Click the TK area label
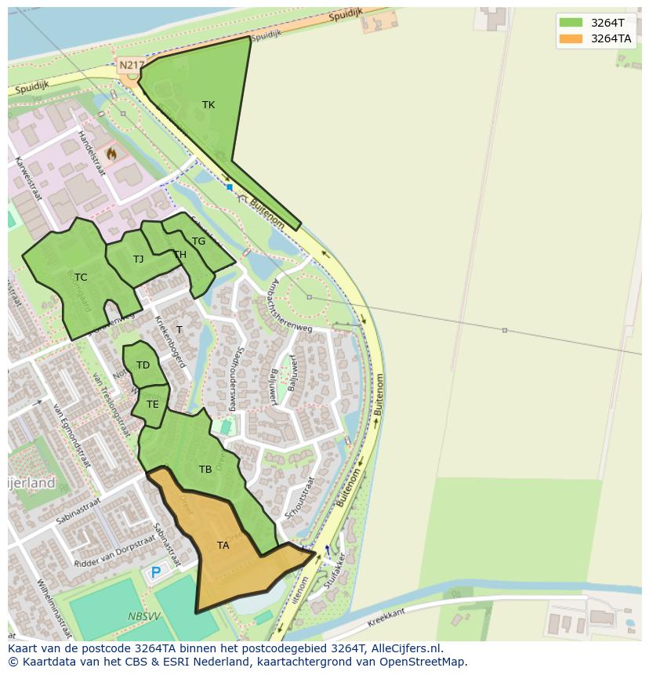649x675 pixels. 208,105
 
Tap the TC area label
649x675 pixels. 81,278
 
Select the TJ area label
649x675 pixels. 138,259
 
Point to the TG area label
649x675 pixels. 198,241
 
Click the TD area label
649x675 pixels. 143,365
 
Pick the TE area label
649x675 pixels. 152,405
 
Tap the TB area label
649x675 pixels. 205,470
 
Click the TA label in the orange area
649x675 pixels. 223,546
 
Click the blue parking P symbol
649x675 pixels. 156,573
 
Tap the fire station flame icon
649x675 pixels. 111,154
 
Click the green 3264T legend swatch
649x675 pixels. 571,22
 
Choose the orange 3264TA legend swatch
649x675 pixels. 571,38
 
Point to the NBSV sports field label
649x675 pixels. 144,617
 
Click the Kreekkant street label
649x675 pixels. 386,618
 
